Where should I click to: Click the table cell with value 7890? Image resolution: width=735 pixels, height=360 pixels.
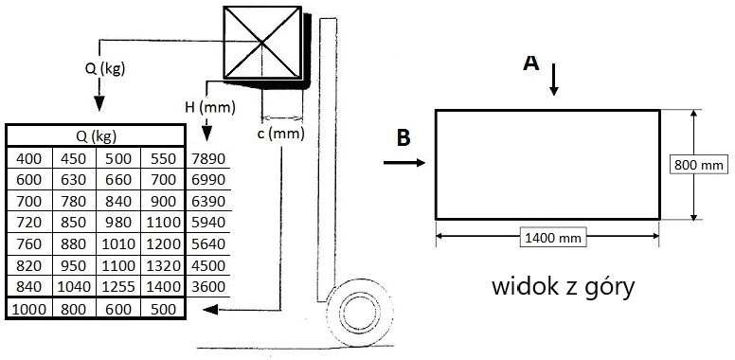(208, 158)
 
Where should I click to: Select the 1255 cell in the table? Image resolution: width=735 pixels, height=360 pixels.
(118, 286)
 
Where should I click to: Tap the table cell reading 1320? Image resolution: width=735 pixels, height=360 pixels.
(163, 265)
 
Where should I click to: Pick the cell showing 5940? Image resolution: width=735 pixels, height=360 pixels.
(208, 223)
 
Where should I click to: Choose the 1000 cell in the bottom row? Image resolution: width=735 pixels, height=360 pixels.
(29, 309)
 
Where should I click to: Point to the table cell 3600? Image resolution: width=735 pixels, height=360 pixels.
(208, 286)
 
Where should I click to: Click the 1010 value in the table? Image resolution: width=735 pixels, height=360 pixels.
(118, 243)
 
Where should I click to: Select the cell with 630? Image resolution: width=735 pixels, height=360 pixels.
(74, 180)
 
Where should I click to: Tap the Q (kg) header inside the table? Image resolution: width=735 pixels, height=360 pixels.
(96, 135)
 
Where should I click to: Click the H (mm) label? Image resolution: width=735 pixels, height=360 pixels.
(209, 108)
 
